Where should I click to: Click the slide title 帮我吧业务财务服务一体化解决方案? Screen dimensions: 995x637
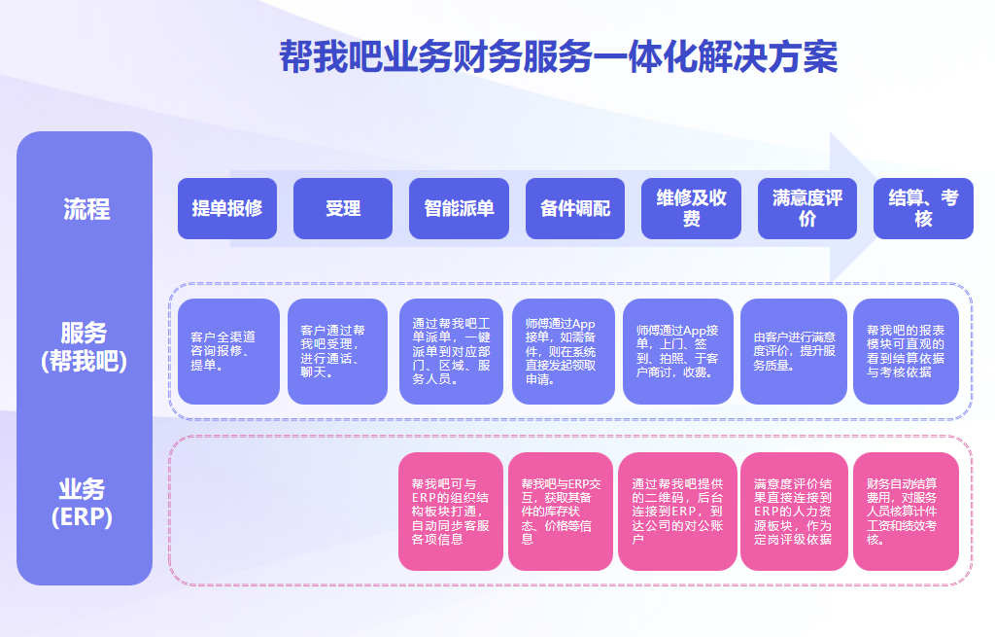[x=559, y=55]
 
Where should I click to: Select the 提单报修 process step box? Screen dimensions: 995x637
[x=227, y=208]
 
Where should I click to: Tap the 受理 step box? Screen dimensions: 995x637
[x=343, y=208]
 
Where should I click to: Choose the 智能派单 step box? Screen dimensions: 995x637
[x=459, y=208]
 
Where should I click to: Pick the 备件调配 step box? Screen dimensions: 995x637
[x=575, y=208]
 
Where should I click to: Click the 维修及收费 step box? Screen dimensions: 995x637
[x=691, y=208]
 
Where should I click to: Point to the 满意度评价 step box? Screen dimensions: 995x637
[x=807, y=208]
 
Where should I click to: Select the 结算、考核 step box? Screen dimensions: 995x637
[x=923, y=208]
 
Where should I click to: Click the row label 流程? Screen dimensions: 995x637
[x=86, y=208]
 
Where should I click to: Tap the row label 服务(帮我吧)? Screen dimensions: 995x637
[x=84, y=347]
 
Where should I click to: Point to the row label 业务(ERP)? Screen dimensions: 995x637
[x=82, y=503]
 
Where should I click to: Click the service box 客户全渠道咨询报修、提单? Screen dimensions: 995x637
[x=228, y=351]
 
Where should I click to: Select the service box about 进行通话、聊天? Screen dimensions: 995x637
[x=337, y=351]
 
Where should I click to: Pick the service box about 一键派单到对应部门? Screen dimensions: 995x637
[x=451, y=351]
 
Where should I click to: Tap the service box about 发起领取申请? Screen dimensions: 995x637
[x=564, y=351]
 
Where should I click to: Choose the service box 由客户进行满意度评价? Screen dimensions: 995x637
[x=794, y=351]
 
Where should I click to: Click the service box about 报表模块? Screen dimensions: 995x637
[x=907, y=351]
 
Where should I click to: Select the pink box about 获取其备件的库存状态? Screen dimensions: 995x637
[x=561, y=512]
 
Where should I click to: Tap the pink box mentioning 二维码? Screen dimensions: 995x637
[x=677, y=512]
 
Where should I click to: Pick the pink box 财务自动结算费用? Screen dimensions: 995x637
[x=907, y=512]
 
